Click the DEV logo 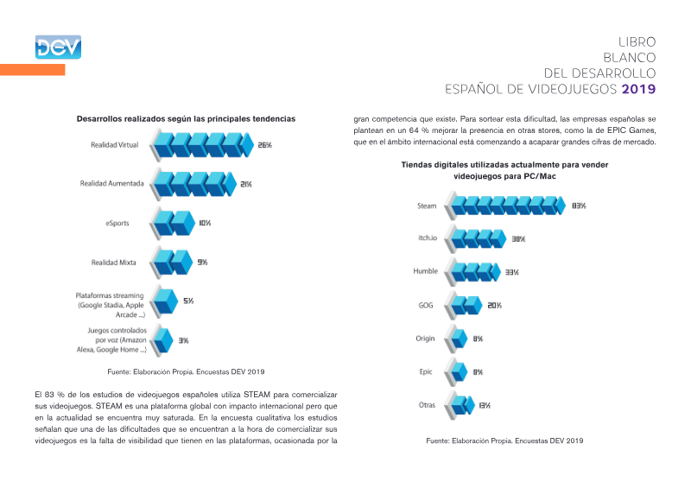tap(58, 48)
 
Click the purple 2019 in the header tap(638, 89)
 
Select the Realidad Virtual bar tap(202, 144)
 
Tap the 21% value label tap(246, 184)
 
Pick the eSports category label tap(117, 223)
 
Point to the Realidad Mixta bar tap(171, 263)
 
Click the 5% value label tap(188, 301)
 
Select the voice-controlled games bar tap(162, 340)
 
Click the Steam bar tap(505, 206)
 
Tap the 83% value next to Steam tap(579, 206)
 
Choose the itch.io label tap(428, 238)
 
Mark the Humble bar tap(472, 271)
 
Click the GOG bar tap(464, 305)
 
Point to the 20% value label tap(494, 306)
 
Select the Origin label tap(425, 339)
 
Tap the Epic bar tap(456, 371)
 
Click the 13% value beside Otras tap(485, 406)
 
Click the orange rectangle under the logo tap(33, 70)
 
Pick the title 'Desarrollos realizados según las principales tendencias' tap(186, 118)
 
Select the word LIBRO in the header tap(637, 41)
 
